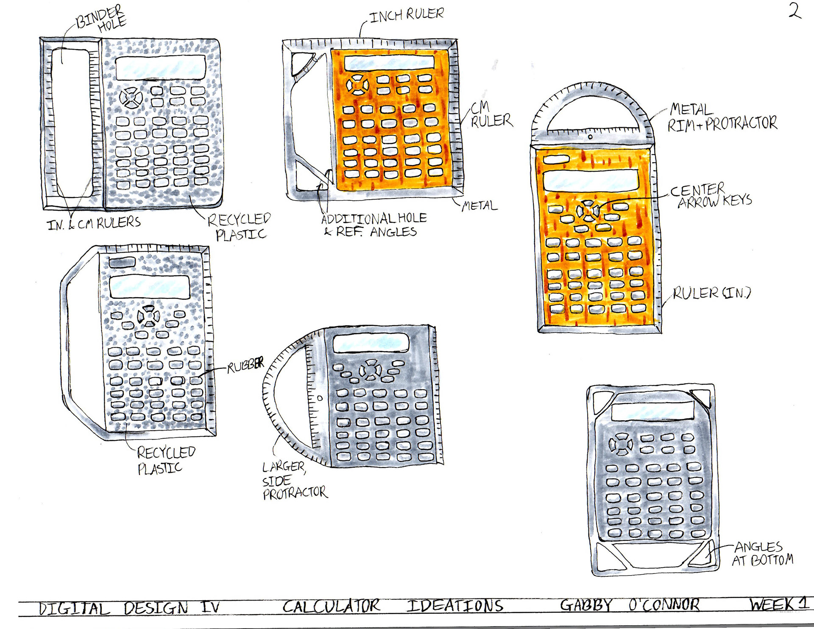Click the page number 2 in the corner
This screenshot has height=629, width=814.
pyautogui.click(x=795, y=11)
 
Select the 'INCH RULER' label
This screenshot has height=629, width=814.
pyautogui.click(x=407, y=15)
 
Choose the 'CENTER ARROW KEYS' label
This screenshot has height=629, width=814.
pyautogui.click(x=711, y=195)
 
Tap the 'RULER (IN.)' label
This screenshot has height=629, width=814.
pyautogui.click(x=712, y=293)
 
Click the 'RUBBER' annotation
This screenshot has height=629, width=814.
pyautogui.click(x=245, y=365)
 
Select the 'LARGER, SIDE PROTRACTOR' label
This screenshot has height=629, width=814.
pyautogui.click(x=295, y=481)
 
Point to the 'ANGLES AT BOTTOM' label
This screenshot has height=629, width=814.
pyautogui.click(x=762, y=554)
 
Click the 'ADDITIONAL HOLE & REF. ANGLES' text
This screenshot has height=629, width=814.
pyautogui.click(x=374, y=225)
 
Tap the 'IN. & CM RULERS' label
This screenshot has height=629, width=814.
pyautogui.click(x=94, y=223)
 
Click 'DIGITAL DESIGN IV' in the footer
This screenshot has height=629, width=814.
pyautogui.click(x=129, y=608)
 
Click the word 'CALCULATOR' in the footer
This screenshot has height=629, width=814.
pyautogui.click(x=332, y=606)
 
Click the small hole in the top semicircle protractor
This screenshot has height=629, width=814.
pyautogui.click(x=590, y=137)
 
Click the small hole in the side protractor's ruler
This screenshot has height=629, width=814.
pyautogui.click(x=320, y=398)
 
